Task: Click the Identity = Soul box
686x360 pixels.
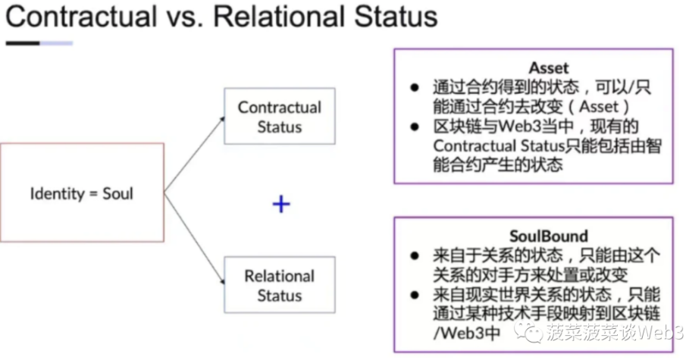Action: pyautogui.click(x=82, y=193)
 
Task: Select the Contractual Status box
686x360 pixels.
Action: pyautogui.click(x=279, y=117)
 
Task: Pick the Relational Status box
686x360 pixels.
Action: pyautogui.click(x=279, y=285)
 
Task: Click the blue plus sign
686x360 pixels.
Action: pyautogui.click(x=281, y=203)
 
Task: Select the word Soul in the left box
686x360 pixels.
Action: pyautogui.click(x=117, y=193)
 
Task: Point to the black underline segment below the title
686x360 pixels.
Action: pyautogui.click(x=22, y=43)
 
